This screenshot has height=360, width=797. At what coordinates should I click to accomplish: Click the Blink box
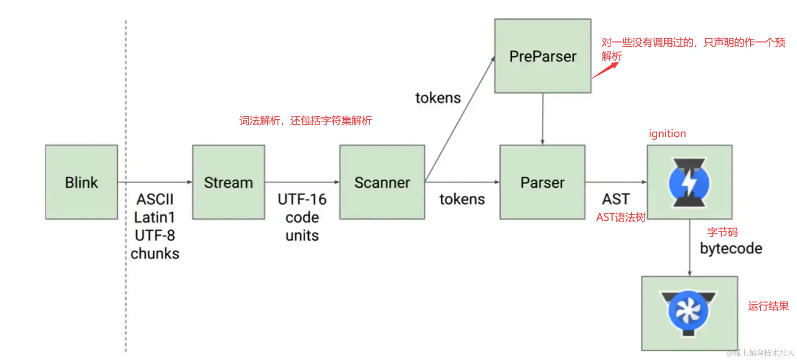coord(82,182)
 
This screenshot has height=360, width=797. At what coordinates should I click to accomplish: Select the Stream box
coord(228,182)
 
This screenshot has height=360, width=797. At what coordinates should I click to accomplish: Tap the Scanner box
coord(382,182)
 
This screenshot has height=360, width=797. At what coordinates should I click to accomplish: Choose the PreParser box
coord(543,56)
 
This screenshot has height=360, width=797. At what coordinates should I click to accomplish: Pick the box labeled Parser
coord(542,182)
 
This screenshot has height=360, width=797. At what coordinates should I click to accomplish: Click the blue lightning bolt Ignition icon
coord(689,183)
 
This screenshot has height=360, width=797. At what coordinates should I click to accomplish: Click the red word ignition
coord(667,134)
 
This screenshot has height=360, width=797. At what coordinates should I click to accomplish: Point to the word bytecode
coord(731,248)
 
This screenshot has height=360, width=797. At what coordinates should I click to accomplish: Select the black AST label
coord(616,199)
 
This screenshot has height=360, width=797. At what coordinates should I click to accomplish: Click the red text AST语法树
coord(621,217)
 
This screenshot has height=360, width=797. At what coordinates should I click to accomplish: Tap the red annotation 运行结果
coord(768,306)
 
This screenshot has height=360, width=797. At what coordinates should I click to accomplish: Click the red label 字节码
coord(722,232)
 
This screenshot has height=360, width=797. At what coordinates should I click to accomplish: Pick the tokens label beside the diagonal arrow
coord(438,98)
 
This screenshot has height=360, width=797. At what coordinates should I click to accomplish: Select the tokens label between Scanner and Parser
coord(462,199)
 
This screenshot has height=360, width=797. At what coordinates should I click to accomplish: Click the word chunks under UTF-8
coord(155,253)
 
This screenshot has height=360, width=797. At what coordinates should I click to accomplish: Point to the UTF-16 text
coord(302,199)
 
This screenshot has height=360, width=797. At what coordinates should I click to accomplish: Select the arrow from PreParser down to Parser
coord(543,119)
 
